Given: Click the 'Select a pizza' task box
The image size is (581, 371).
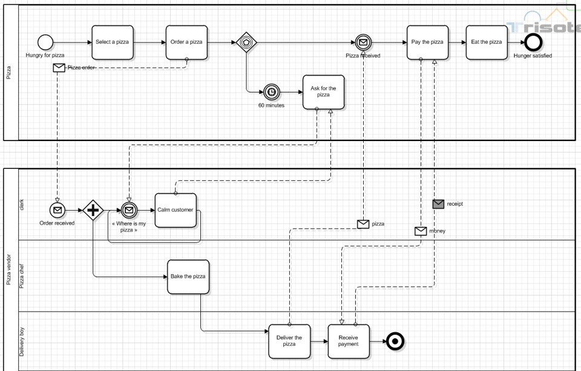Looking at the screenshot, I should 113,42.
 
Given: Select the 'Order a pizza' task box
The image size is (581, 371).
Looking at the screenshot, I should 186,42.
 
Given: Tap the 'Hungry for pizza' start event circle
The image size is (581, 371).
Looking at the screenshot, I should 45,42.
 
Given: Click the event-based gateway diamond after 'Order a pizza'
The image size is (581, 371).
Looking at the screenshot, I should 246,42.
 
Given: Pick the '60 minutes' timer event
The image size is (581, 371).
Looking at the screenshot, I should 272,92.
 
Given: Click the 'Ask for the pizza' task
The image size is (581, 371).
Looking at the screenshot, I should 323,92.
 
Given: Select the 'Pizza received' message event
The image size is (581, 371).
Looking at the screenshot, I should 363,42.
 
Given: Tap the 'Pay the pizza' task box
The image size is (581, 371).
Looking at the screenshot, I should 427,42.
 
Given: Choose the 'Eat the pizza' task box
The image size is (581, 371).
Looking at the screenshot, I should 487,42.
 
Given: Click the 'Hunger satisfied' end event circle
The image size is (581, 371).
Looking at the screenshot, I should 533,42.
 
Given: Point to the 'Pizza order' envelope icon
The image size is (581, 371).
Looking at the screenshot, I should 59,68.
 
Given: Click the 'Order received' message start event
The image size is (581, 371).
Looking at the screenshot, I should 57,210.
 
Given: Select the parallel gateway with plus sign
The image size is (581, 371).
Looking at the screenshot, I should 94,210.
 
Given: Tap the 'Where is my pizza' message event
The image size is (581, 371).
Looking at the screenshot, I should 129,210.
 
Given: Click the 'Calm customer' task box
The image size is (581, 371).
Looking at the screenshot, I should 176,210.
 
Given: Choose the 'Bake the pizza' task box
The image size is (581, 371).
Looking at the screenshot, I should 188,277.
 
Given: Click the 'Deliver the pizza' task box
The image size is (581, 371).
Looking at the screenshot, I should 289,341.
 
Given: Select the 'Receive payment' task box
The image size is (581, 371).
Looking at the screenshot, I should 349,341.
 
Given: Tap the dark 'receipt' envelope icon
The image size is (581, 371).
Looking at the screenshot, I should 439,204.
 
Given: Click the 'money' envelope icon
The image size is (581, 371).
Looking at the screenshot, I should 421,231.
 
